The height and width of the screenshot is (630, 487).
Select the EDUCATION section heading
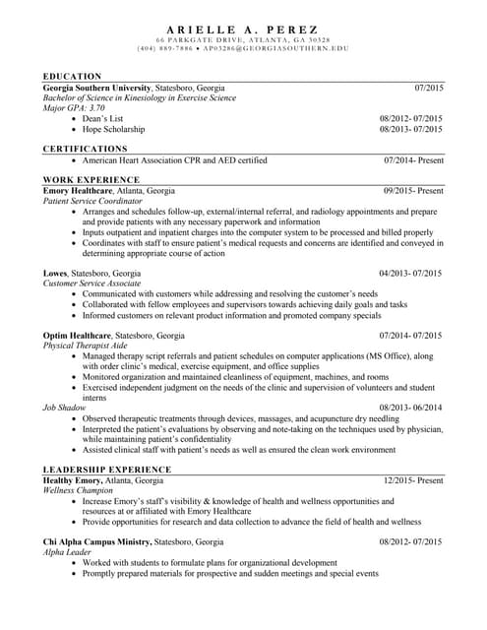coord(72,76)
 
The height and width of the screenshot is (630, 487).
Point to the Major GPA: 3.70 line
coord(74,108)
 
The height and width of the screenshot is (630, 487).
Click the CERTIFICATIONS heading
coord(86,149)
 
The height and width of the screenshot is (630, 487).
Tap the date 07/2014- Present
coord(413,159)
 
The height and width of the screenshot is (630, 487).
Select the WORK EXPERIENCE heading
coord(91,180)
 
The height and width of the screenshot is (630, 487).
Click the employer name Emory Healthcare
coord(79,190)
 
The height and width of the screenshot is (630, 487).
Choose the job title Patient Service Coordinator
coord(93,201)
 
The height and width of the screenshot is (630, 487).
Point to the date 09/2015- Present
coord(413,190)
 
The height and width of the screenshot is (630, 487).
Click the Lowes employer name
coord(55,273)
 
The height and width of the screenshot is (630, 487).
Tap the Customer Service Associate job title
coord(91,283)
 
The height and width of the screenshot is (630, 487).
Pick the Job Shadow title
coord(64,408)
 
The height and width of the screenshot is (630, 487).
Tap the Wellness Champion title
coord(79,490)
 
